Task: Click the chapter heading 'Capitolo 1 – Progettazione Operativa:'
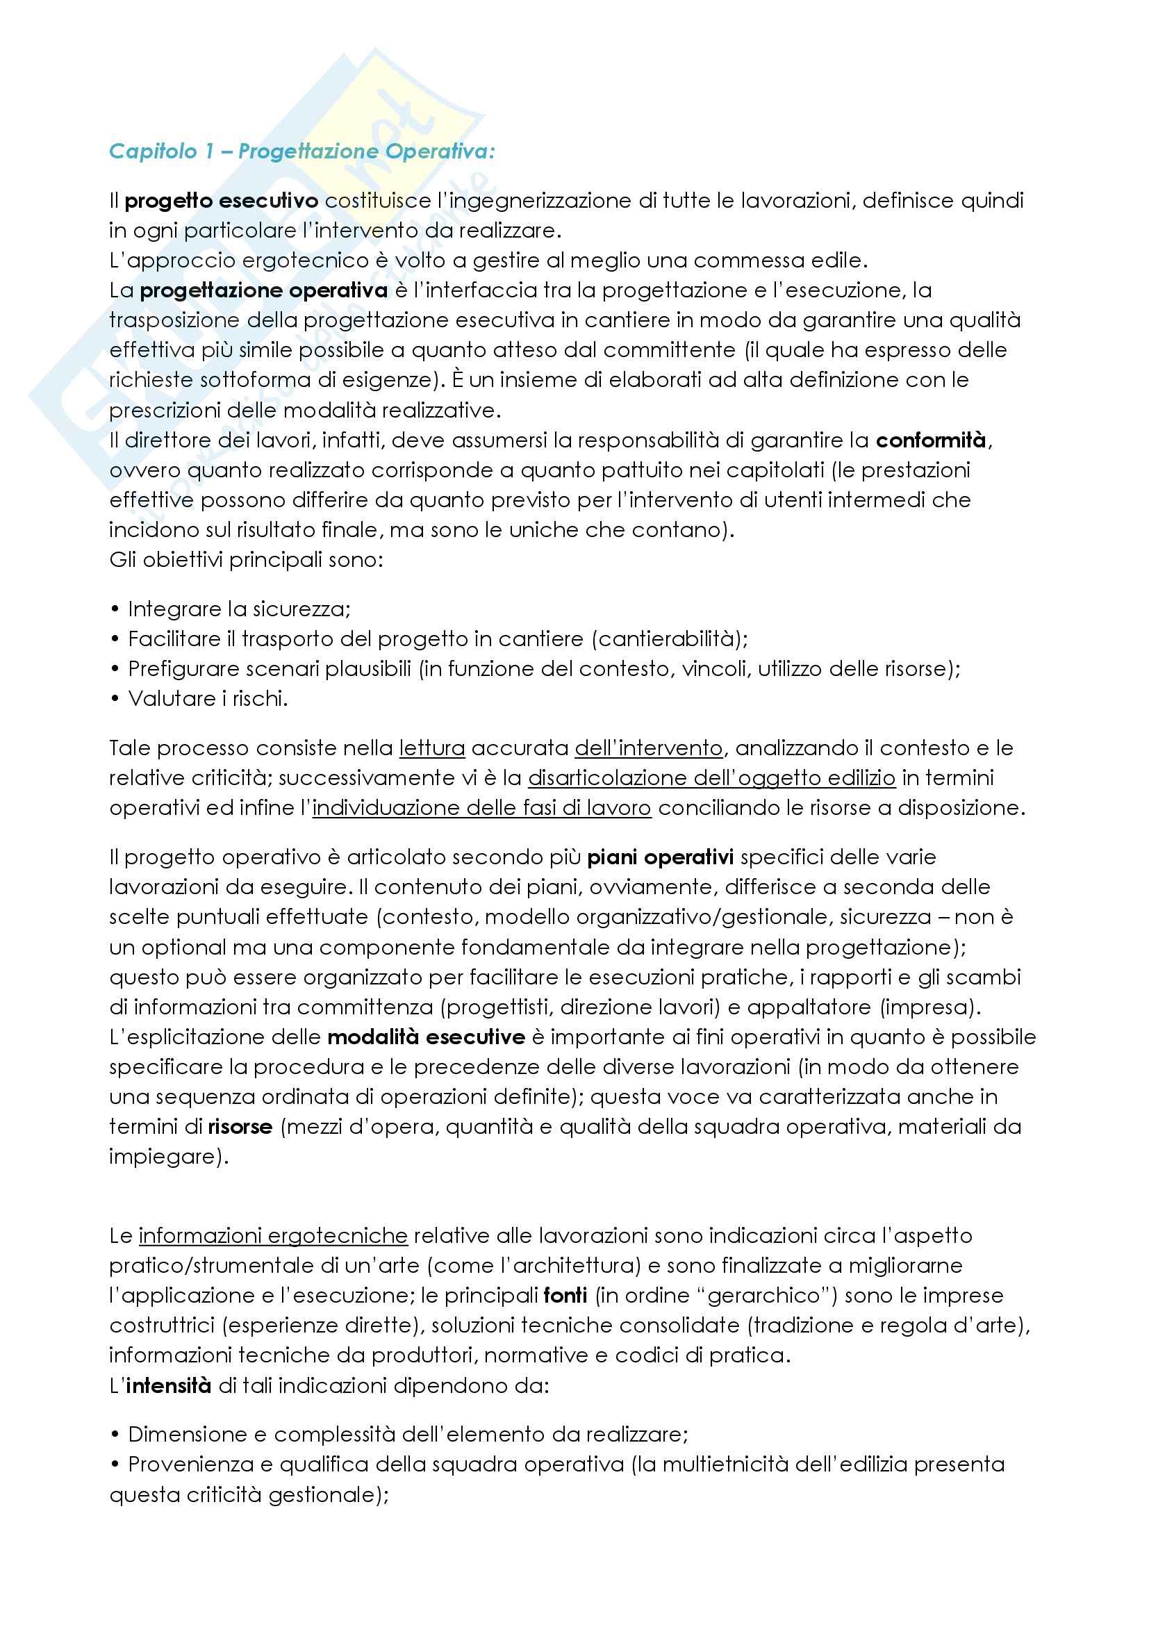pyautogui.click(x=301, y=151)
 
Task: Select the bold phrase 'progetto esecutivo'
pyautogui.click(x=222, y=201)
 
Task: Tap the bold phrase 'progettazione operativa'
pyautogui.click(x=263, y=290)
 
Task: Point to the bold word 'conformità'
pyautogui.click(x=930, y=440)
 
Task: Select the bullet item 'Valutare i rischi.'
pyautogui.click(x=207, y=698)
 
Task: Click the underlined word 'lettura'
pyautogui.click(x=431, y=748)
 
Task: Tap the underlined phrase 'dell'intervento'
pyautogui.click(x=649, y=748)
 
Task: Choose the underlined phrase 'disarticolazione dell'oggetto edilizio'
pyautogui.click(x=711, y=778)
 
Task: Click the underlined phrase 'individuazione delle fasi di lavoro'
pyautogui.click(x=481, y=807)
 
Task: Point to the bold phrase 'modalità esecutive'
pyautogui.click(x=426, y=1037)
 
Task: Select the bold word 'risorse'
pyautogui.click(x=240, y=1126)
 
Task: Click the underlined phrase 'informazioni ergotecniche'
pyautogui.click(x=273, y=1236)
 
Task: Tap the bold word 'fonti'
pyautogui.click(x=565, y=1295)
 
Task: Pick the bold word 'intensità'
pyautogui.click(x=168, y=1385)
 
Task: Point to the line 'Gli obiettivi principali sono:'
pyautogui.click(x=246, y=560)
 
